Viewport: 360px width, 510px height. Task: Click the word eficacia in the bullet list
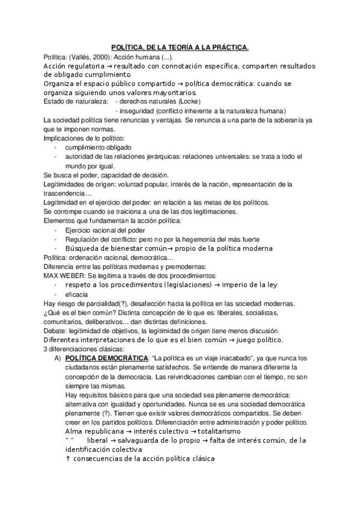click(x=76, y=294)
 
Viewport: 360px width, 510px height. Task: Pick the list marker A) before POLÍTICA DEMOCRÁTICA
click(x=58, y=357)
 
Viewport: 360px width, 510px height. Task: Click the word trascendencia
click(x=67, y=193)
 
